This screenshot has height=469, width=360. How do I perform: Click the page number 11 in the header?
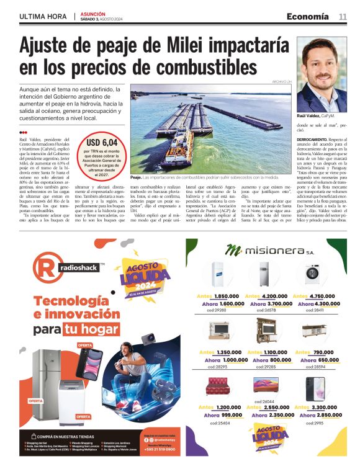coord(342,16)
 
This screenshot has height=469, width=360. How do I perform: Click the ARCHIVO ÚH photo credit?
coord(281,82)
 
